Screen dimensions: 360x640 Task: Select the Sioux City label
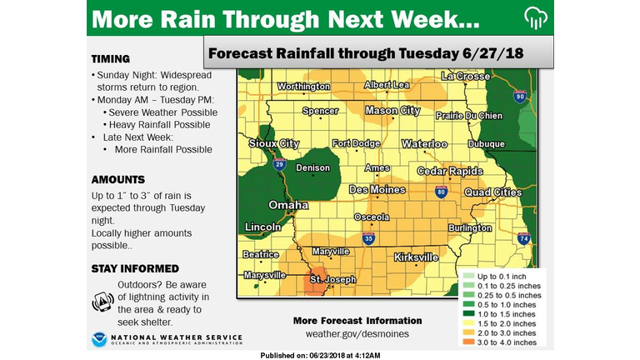point(273,143)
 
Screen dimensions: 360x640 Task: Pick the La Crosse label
point(467,76)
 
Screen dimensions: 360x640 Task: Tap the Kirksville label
point(416,257)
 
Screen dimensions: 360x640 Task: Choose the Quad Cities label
point(492,192)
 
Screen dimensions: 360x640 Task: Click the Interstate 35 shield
point(368,239)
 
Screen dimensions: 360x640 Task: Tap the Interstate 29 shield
point(280,165)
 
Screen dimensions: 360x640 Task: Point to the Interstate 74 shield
point(523,238)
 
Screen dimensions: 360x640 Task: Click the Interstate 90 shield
point(519,97)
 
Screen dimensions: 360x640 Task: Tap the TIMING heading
point(110,59)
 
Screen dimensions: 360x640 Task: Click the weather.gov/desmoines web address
point(357,334)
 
